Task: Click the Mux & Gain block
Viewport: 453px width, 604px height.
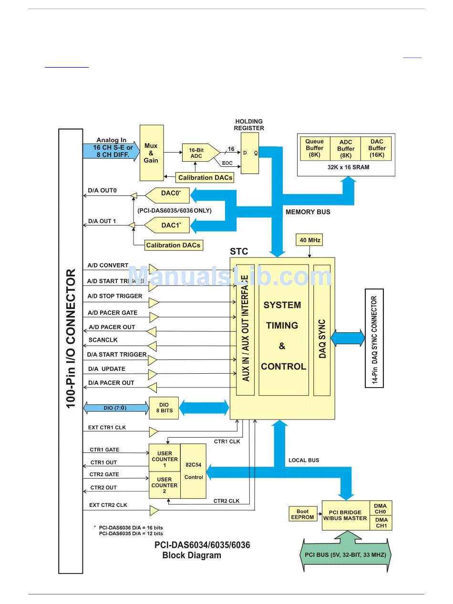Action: click(151, 153)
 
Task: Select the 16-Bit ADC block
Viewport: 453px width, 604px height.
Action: click(196, 153)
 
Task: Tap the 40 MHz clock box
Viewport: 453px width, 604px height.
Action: click(309, 240)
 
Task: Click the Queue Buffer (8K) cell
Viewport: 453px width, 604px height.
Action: click(315, 148)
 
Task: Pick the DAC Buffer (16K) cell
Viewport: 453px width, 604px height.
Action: click(377, 148)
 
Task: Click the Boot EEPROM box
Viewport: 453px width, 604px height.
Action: click(302, 514)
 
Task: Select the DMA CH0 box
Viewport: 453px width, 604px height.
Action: click(381, 508)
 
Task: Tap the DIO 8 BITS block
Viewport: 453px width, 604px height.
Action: click(164, 408)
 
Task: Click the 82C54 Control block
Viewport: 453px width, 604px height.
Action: click(194, 471)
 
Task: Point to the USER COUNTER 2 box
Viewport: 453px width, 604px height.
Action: click(164, 485)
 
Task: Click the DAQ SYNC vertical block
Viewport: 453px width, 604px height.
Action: click(322, 330)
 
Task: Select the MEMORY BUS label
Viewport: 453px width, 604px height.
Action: click(308, 212)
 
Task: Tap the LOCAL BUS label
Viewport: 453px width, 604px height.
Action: click(304, 460)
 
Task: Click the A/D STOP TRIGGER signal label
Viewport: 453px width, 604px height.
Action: click(114, 296)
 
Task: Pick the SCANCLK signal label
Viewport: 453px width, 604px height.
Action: click(103, 340)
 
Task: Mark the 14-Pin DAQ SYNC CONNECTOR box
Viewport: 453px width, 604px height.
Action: click(374, 338)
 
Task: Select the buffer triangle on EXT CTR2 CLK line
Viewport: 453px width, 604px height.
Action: click(154, 511)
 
